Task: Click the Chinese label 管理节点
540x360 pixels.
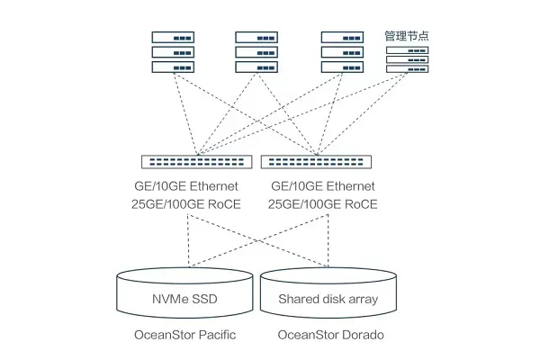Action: tap(407, 35)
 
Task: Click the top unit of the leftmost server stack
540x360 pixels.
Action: tap(174, 38)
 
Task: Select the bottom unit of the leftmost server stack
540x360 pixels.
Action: tap(174, 67)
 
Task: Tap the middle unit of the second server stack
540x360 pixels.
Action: tap(258, 52)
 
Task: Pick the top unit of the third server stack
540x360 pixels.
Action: tap(344, 38)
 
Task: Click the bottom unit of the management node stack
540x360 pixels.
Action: tap(407, 69)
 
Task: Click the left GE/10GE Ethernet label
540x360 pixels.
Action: tap(185, 186)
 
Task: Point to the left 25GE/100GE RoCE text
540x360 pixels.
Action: tap(185, 204)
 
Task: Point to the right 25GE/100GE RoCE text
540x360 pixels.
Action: tap(323, 204)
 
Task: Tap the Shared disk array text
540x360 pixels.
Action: tap(328, 299)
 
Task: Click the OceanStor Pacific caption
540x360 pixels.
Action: tap(183, 336)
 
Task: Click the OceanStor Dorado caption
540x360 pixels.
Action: tap(330, 336)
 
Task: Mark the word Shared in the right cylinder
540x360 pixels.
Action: tap(299, 299)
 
